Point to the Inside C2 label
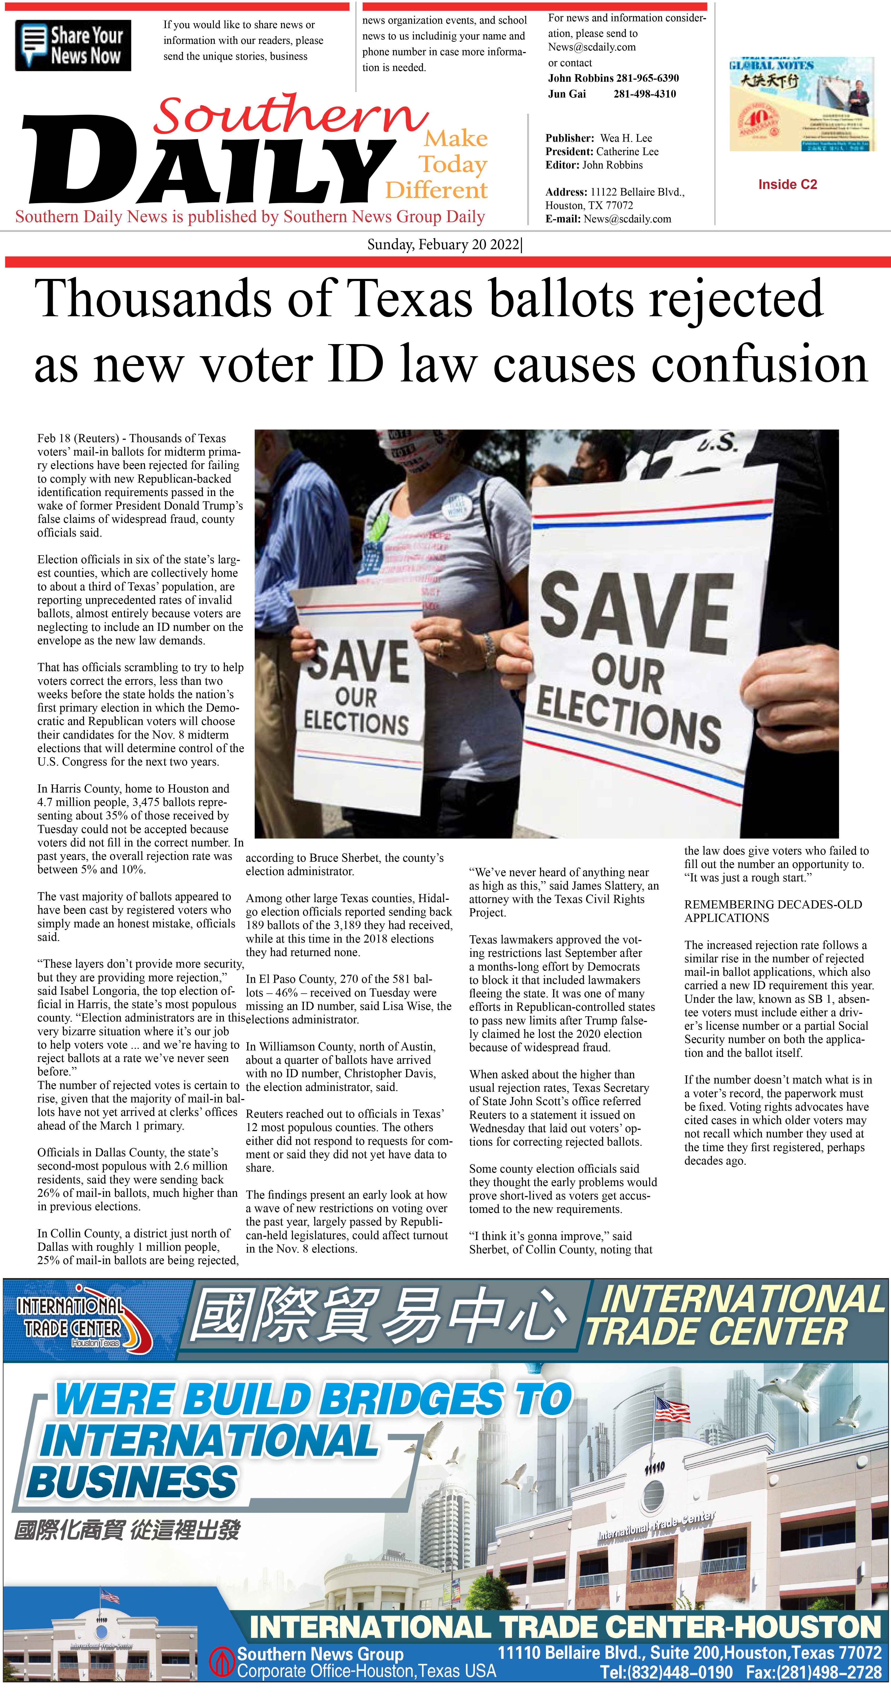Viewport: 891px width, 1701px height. click(787, 184)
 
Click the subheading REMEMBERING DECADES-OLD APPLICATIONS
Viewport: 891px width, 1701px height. click(773, 911)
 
